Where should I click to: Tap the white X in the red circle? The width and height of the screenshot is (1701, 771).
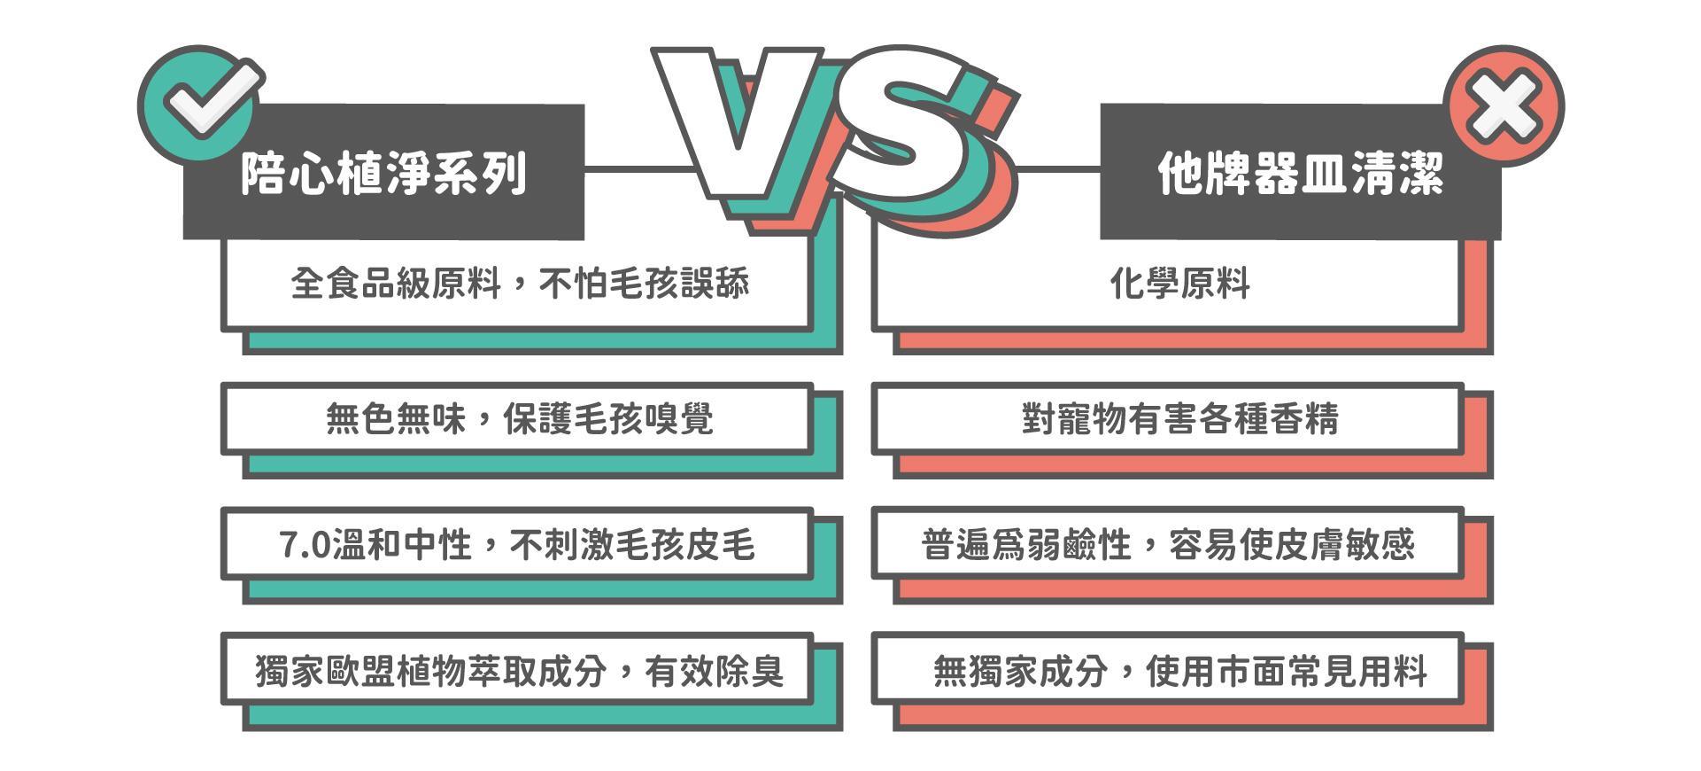point(1503,106)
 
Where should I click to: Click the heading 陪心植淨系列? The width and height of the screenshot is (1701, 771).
point(384,172)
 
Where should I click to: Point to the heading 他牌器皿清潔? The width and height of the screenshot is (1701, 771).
point(1301,172)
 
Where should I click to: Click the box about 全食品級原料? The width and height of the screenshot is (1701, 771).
point(516,284)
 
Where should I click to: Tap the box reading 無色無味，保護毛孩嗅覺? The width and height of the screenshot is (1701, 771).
point(516,418)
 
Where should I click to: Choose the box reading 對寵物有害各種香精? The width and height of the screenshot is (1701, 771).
point(1167,418)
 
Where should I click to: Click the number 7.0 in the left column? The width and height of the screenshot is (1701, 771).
point(305,544)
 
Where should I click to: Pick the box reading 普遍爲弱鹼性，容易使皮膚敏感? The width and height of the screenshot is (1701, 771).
point(1167,543)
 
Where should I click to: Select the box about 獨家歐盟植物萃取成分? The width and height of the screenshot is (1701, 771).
point(516,669)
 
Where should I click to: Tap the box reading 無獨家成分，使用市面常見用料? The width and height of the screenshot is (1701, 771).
point(1167,669)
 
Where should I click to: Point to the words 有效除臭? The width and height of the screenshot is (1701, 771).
point(714,670)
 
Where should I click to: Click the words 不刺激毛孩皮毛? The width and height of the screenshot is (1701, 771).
point(632,544)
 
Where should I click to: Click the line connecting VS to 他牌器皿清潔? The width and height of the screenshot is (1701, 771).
point(1057,168)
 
